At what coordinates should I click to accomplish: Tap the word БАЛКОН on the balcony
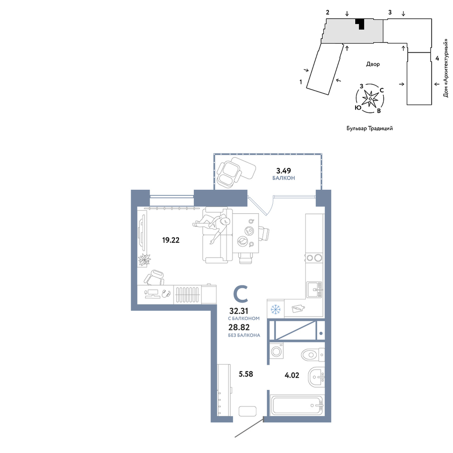click(x=284, y=178)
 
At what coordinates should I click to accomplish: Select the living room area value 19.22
click(x=171, y=240)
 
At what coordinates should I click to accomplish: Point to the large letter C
click(x=241, y=294)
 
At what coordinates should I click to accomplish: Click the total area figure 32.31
click(x=239, y=311)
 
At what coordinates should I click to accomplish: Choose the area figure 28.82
click(x=239, y=328)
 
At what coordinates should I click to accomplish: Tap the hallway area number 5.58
click(x=246, y=374)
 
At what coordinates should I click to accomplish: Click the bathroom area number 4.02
click(x=292, y=376)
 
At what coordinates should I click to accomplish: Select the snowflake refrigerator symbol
click(x=275, y=309)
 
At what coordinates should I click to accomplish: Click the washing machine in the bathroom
click(x=277, y=351)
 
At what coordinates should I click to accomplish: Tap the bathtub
click(x=297, y=405)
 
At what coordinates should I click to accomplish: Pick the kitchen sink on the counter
click(x=315, y=290)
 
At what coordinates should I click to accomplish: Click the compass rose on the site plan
click(x=370, y=98)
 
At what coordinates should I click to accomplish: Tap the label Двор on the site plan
click(x=373, y=64)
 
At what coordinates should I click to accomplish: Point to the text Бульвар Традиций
click(x=370, y=129)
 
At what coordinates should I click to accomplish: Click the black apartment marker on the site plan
click(x=360, y=24)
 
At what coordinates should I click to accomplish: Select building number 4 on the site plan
click(x=437, y=58)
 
